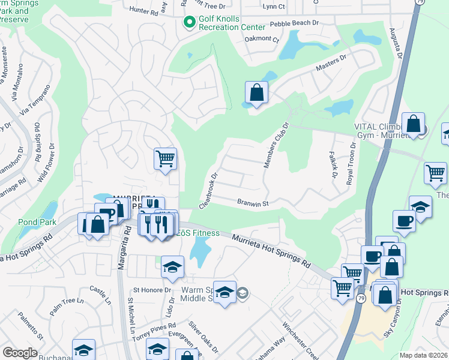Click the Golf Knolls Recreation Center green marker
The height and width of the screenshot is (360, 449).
(x=190, y=23)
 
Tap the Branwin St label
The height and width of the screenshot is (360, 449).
(x=251, y=203)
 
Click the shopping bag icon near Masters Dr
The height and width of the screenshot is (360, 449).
(x=256, y=94)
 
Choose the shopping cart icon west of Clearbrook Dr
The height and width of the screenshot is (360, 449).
(x=165, y=160)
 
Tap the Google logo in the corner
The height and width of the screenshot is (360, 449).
(x=20, y=353)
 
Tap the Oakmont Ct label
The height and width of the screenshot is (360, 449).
(x=262, y=40)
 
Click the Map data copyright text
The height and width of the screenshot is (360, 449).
(x=423, y=355)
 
